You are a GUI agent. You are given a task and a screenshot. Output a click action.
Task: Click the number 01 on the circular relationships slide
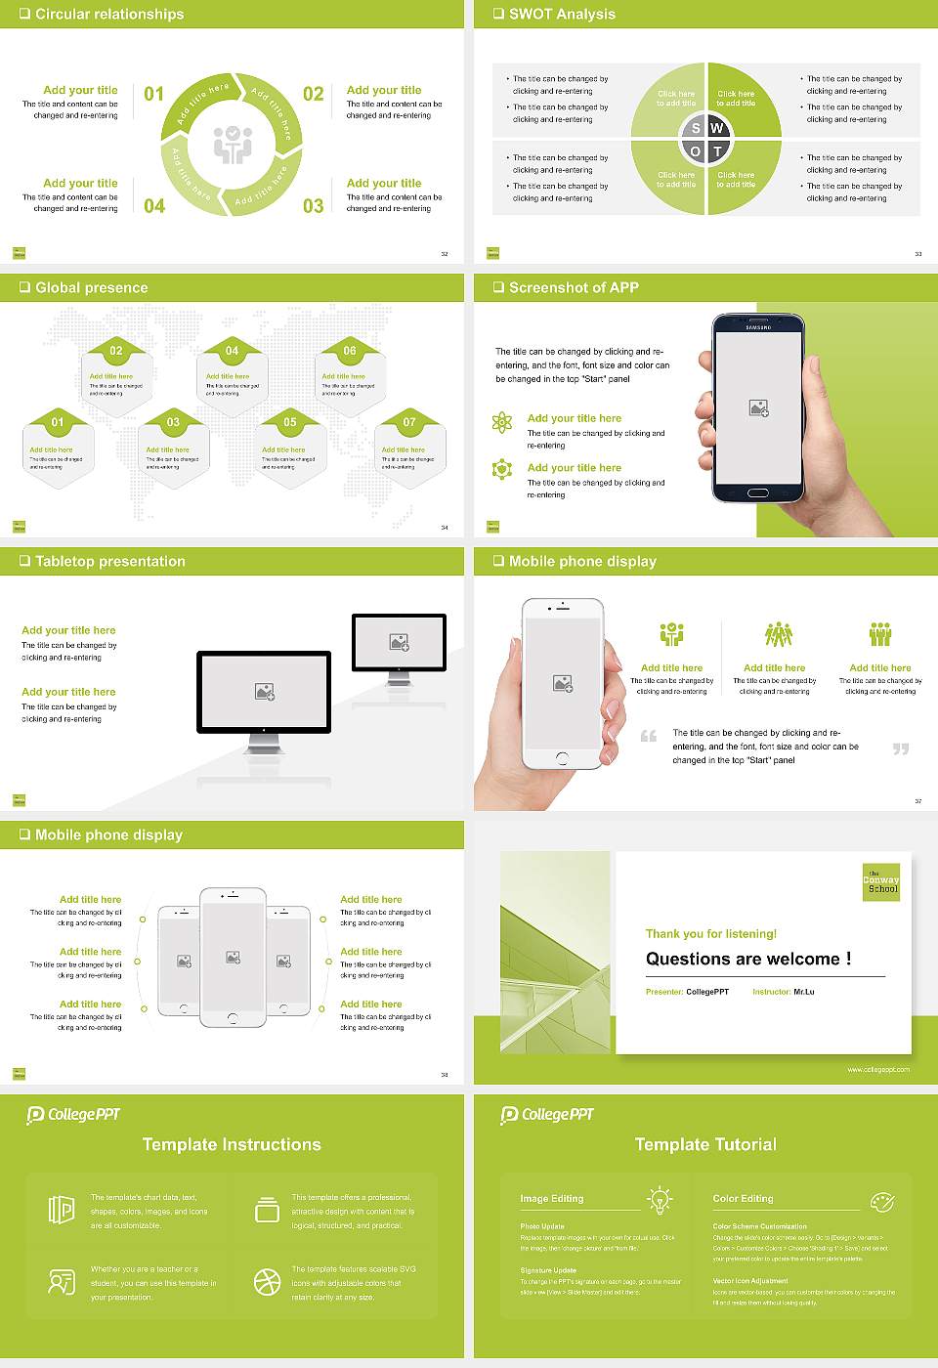154,94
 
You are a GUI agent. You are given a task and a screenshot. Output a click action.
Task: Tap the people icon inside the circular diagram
233,145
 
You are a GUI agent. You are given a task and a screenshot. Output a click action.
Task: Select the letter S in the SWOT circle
696,128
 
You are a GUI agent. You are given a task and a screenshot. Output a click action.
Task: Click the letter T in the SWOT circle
717,151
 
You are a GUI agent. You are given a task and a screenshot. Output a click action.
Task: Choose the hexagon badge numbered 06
350,351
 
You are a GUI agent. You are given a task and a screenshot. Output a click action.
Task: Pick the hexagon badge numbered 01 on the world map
58,422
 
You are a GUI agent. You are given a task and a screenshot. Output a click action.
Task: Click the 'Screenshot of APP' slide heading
574,287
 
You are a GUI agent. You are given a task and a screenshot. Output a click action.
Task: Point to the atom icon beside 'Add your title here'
502,422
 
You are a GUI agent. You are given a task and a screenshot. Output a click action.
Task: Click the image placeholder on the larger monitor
264,691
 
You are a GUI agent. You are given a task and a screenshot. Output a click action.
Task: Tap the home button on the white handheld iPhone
562,758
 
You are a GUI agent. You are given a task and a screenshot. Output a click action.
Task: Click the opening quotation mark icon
649,736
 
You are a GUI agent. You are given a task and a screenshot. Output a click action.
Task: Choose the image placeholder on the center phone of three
233,958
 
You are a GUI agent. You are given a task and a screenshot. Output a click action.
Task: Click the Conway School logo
881,882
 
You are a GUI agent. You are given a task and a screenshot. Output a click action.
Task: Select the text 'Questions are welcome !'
748,959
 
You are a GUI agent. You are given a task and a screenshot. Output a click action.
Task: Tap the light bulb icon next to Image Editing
660,1199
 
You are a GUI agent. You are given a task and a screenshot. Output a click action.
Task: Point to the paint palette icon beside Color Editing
881,1200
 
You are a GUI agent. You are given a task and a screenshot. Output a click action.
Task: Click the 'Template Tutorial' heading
705,1144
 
